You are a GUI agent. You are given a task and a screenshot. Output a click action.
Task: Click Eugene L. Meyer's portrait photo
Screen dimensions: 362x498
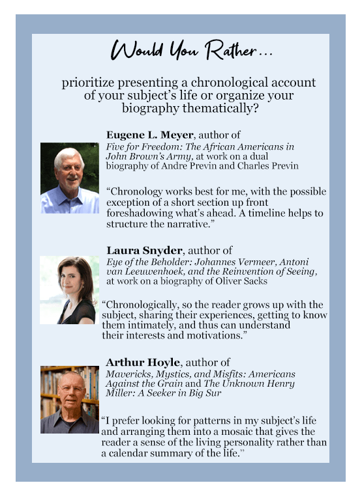pyautogui.click(x=70, y=178)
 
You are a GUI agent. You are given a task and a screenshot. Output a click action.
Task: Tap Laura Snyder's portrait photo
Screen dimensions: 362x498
pyautogui.click(x=70, y=290)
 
